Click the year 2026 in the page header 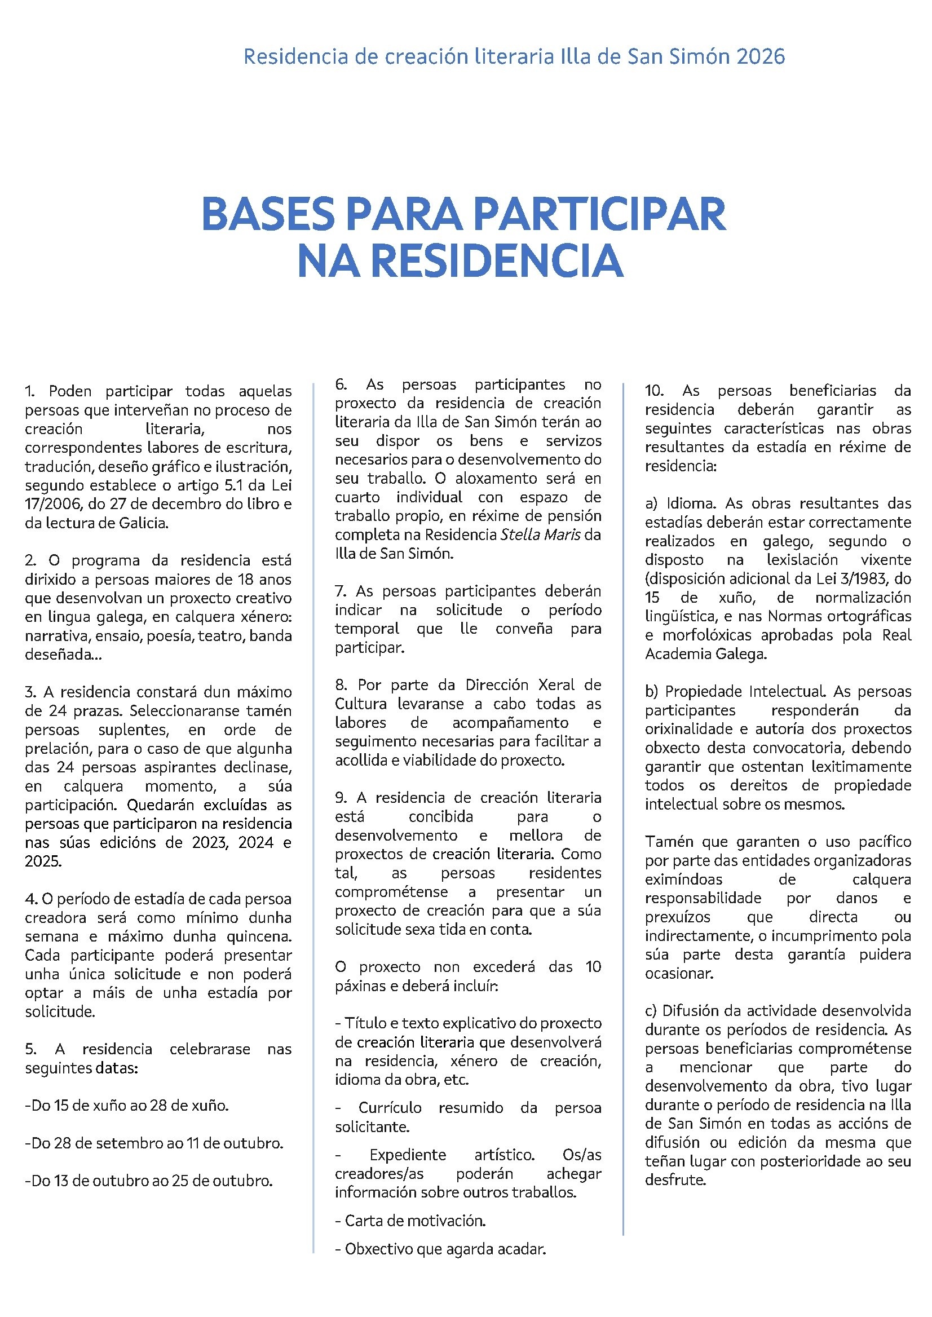click(x=760, y=57)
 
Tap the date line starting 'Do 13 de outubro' click(x=149, y=1181)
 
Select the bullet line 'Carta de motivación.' click(x=410, y=1221)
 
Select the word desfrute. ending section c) click(x=675, y=1180)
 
